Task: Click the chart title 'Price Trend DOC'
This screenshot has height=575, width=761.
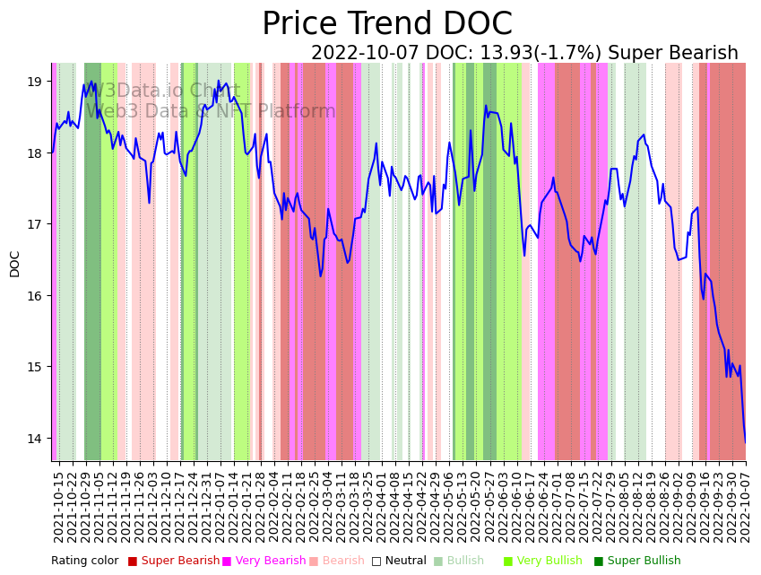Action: click(387, 24)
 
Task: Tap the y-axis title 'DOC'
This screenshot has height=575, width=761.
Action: click(14, 263)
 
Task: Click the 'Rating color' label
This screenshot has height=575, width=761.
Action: click(84, 562)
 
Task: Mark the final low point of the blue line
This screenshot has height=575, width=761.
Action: click(745, 442)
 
